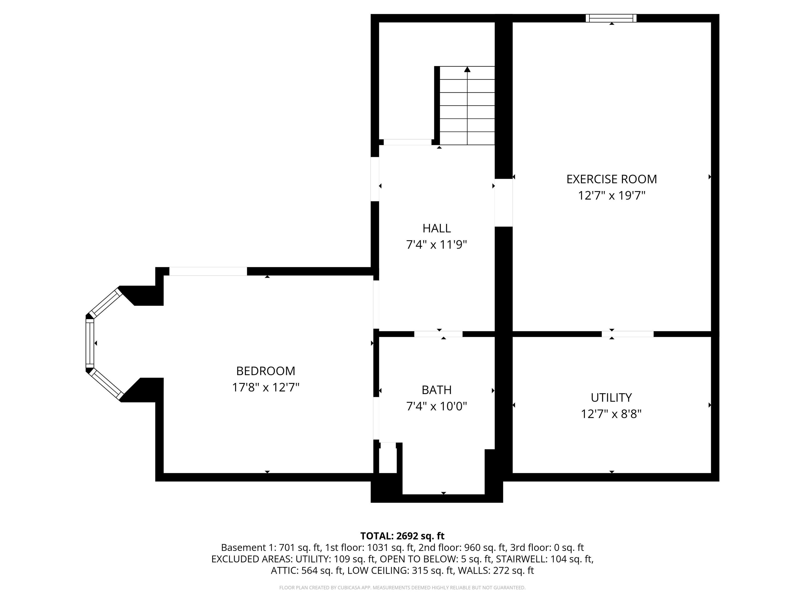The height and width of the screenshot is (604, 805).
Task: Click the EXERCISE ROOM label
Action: click(x=611, y=179)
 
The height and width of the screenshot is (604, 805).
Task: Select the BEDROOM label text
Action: click(x=266, y=371)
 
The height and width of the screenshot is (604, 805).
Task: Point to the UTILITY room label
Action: click(x=611, y=397)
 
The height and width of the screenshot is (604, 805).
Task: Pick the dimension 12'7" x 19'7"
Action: click(x=611, y=196)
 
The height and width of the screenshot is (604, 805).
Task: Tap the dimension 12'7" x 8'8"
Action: click(x=611, y=414)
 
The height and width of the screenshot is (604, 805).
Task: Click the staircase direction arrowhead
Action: click(x=467, y=69)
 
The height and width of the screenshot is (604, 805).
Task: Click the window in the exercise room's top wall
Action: click(x=611, y=18)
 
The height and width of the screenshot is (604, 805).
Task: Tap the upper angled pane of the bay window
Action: click(x=106, y=303)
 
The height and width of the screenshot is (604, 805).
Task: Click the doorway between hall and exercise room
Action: click(x=504, y=203)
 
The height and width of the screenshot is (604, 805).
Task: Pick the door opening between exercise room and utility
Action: click(x=627, y=334)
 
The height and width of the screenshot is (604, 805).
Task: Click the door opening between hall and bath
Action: click(x=438, y=334)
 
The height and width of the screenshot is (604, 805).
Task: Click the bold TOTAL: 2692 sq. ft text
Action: click(x=402, y=536)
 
